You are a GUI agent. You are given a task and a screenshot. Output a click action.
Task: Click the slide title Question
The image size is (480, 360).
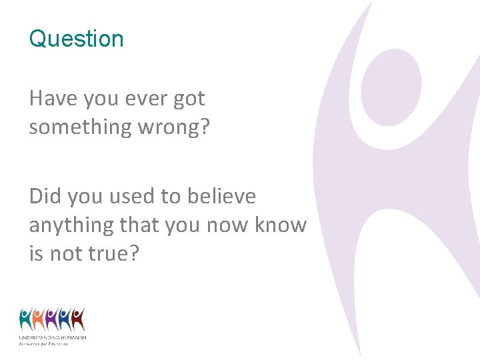coord(76,39)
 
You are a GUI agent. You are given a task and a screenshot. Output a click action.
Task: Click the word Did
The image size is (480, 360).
coord(44,196)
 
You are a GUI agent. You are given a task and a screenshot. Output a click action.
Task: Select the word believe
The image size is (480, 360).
coord(218,196)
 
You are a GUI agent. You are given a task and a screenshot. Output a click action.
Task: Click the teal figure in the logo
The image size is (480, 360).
coord(27,319)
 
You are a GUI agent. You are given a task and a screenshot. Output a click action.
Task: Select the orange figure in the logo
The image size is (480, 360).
coord(39,319)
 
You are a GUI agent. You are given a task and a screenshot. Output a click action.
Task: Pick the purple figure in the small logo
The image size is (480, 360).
coord(51,319)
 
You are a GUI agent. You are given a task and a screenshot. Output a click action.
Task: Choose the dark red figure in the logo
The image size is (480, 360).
coord(77,319)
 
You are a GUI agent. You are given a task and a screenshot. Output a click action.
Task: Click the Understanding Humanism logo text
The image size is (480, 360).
coord(52,338)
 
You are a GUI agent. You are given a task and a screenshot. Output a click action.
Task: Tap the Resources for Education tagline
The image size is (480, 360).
coord(43,343)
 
